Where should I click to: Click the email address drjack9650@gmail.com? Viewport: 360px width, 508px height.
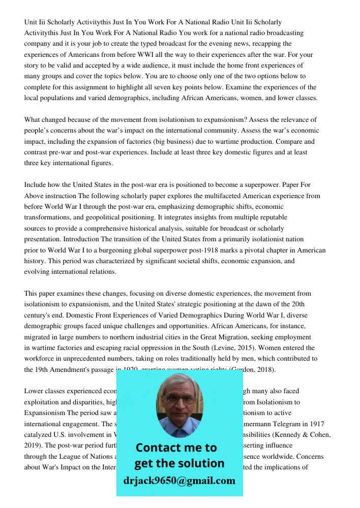[x=179, y=481]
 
